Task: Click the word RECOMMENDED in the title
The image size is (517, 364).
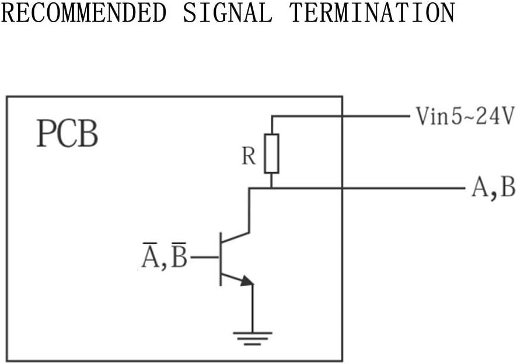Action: pyautogui.click(x=83, y=12)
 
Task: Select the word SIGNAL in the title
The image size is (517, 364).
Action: pyautogui.click(x=228, y=12)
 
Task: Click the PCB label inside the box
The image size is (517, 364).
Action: pyautogui.click(x=67, y=134)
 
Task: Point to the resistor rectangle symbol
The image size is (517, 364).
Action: pyautogui.click(x=271, y=154)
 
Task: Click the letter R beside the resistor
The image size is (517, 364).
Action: pyautogui.click(x=249, y=156)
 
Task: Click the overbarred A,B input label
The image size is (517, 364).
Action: pyautogui.click(x=165, y=256)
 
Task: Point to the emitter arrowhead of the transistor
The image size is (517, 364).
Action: pyautogui.click(x=247, y=281)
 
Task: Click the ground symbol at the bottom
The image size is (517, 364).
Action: pyautogui.click(x=253, y=339)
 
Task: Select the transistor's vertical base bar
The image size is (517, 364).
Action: pyautogui.click(x=221, y=259)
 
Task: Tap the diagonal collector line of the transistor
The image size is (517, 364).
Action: pyautogui.click(x=235, y=237)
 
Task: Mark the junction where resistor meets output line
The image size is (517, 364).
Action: pyautogui.click(x=271, y=189)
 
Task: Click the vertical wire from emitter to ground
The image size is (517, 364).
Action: pyautogui.click(x=253, y=308)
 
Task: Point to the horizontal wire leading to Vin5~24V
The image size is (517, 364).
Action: pyautogui.click(x=340, y=116)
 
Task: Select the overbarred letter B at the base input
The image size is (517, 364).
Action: pyautogui.click(x=179, y=256)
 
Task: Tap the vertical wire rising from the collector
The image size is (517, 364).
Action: pyautogui.click(x=250, y=210)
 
